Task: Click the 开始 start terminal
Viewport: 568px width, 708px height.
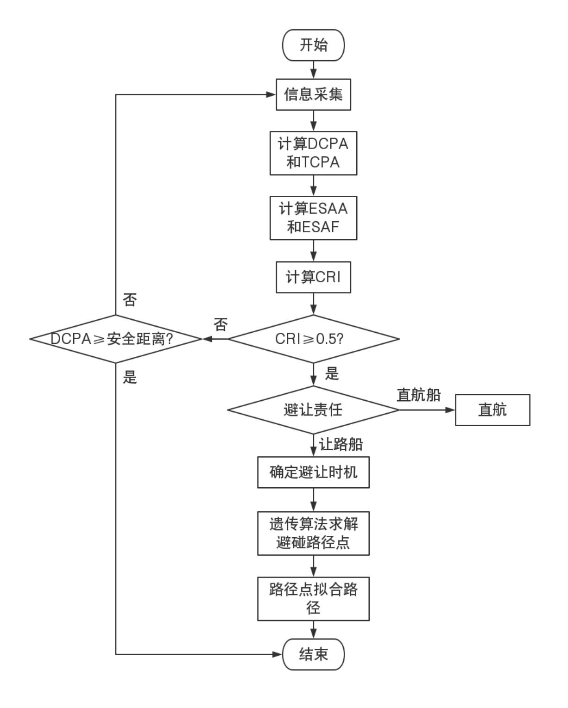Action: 313,45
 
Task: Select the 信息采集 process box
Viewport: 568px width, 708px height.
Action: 313,95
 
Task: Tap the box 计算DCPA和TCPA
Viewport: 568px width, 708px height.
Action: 313,153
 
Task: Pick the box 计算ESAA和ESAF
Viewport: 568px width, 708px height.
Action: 313,218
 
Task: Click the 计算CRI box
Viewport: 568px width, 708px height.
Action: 313,277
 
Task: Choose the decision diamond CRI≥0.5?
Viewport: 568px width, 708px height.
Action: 313,339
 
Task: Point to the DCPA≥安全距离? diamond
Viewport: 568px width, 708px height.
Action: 116,339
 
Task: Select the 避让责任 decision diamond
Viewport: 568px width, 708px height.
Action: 313,410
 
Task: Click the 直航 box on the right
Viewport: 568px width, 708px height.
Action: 492,410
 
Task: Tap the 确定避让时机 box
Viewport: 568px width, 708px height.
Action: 313,472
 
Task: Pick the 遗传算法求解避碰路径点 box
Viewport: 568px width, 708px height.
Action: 313,533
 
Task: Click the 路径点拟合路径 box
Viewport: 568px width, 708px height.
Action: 313,598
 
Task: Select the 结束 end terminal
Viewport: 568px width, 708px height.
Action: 313,654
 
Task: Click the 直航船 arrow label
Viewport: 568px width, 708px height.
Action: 419,396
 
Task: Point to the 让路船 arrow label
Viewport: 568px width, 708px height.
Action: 341,445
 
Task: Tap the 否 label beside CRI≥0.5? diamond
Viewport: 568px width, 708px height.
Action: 221,325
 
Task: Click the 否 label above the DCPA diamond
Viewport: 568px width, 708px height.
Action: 130,300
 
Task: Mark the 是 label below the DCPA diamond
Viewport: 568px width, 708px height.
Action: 130,378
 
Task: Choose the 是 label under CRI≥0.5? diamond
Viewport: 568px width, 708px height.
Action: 332,373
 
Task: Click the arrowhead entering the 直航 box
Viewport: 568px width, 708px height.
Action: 450,410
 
